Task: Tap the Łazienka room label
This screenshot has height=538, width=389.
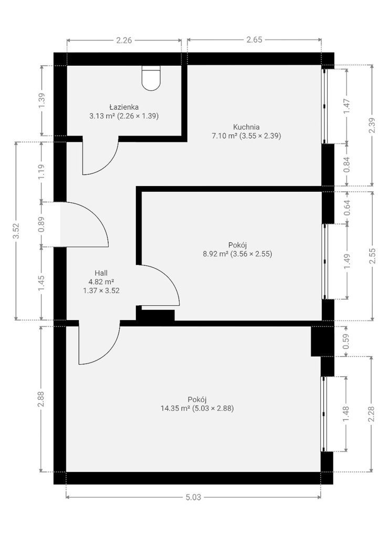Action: pyautogui.click(x=124, y=107)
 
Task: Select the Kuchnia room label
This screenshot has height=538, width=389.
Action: pyautogui.click(x=246, y=127)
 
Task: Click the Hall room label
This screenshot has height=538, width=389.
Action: pyautogui.click(x=101, y=273)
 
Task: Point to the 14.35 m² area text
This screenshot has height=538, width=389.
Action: pyautogui.click(x=175, y=408)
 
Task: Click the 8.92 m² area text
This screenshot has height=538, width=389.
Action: pyautogui.click(x=216, y=254)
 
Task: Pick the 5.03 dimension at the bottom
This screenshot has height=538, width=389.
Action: pyautogui.click(x=193, y=497)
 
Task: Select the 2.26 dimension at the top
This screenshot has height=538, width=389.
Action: pyautogui.click(x=124, y=40)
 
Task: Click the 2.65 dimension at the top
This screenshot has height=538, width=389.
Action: pyautogui.click(x=254, y=39)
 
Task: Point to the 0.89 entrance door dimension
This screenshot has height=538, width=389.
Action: pyautogui.click(x=41, y=224)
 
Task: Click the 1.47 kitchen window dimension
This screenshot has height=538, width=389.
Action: pyautogui.click(x=347, y=106)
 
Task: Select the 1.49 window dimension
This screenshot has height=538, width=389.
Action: pyautogui.click(x=347, y=262)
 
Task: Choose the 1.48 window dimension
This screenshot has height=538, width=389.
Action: pyautogui.click(x=346, y=414)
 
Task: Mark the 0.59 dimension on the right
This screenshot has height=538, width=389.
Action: pyautogui.click(x=346, y=342)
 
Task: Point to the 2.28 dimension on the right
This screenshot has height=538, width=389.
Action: pyautogui.click(x=372, y=414)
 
